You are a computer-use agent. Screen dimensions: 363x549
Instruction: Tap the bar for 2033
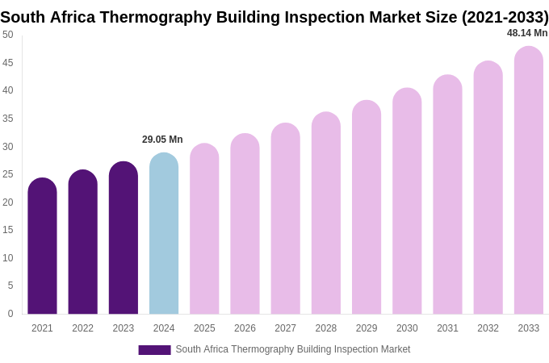click(x=529, y=181)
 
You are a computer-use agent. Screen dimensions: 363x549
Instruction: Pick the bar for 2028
click(x=326, y=214)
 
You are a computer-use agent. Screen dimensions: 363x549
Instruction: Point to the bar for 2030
click(x=407, y=202)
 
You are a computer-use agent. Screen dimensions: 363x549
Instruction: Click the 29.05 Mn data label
click(x=162, y=140)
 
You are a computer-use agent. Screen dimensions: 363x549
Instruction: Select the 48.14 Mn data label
click(x=527, y=33)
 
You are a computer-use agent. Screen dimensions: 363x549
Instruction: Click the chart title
click(x=274, y=17)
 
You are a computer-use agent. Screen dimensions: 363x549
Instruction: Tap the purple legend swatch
click(x=154, y=350)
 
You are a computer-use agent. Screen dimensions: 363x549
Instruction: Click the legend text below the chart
click(x=292, y=349)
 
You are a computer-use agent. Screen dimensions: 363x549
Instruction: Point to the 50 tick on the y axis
click(x=8, y=35)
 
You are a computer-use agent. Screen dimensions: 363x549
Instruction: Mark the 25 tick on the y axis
click(x=8, y=174)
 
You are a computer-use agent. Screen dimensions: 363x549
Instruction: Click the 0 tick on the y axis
click(x=10, y=314)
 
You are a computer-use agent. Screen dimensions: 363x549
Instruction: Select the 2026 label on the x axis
click(x=245, y=328)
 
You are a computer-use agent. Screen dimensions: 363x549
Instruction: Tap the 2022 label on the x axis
click(x=82, y=328)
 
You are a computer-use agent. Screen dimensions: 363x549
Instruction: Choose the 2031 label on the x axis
click(x=447, y=328)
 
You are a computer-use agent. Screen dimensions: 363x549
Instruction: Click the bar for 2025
click(x=204, y=229)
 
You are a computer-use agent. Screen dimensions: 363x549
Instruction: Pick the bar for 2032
click(x=488, y=188)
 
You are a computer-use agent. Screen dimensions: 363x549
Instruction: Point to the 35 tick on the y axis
click(x=8, y=119)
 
